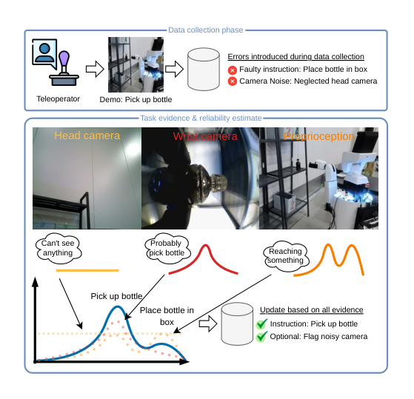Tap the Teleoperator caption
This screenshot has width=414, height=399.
point(58,99)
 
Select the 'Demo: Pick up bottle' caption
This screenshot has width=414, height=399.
point(136,99)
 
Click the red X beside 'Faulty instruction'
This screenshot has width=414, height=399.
point(233,70)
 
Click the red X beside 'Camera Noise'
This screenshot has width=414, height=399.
point(233,81)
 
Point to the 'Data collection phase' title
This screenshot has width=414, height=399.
point(205,30)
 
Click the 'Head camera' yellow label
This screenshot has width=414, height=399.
point(87,135)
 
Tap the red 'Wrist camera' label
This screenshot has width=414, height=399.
point(205,136)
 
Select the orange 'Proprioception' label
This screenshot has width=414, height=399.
point(319,136)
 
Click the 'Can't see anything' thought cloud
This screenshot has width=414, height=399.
point(59,248)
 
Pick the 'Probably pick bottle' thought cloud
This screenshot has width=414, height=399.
point(167,248)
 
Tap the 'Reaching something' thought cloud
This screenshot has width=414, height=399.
point(286,255)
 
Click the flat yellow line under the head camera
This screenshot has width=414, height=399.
point(87,270)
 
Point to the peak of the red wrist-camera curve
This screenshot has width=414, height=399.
point(205,246)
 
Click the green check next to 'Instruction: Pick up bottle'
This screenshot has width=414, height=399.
point(261,323)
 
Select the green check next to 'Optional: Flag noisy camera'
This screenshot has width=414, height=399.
point(261,337)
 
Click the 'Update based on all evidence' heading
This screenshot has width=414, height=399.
point(312,310)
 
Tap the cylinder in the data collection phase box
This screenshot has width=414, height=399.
point(204,69)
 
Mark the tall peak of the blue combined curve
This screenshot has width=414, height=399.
point(118,307)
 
